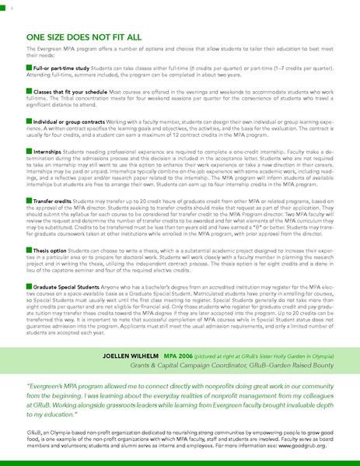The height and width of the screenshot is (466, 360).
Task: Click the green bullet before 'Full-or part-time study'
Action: [x=29, y=68]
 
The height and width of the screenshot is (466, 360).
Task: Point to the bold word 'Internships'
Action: [x=48, y=150]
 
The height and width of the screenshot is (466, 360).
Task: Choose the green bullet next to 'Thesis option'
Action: [x=29, y=251]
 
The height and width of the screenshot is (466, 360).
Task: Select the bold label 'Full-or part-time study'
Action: [x=61, y=68]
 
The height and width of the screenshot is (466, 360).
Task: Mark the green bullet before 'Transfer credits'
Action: [x=29, y=200]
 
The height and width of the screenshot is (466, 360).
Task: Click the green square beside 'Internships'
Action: [x=29, y=150]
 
